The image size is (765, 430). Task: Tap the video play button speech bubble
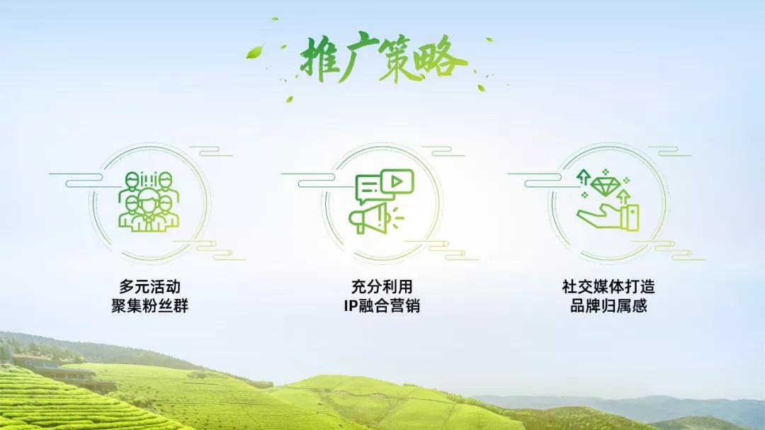pyautogui.click(x=397, y=181)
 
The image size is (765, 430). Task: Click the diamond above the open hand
pyautogui.click(x=606, y=186)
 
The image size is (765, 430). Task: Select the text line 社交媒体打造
pyautogui.click(x=608, y=288)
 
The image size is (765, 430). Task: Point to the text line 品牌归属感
pyautogui.click(x=608, y=307)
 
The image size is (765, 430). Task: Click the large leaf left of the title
pyautogui.click(x=254, y=52)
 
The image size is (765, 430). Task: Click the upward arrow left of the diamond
pyautogui.click(x=584, y=176)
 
